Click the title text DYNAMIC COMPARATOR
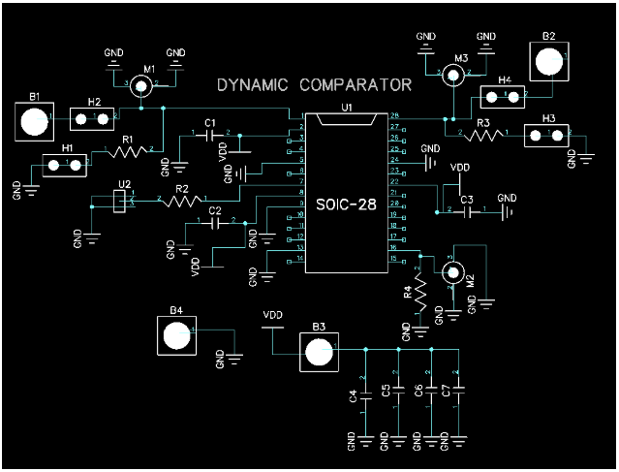[314, 85]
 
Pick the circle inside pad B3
[319, 355]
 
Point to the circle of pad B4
[175, 336]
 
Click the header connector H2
[94, 119]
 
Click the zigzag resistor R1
[129, 150]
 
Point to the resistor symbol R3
[483, 134]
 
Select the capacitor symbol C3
[467, 211]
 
